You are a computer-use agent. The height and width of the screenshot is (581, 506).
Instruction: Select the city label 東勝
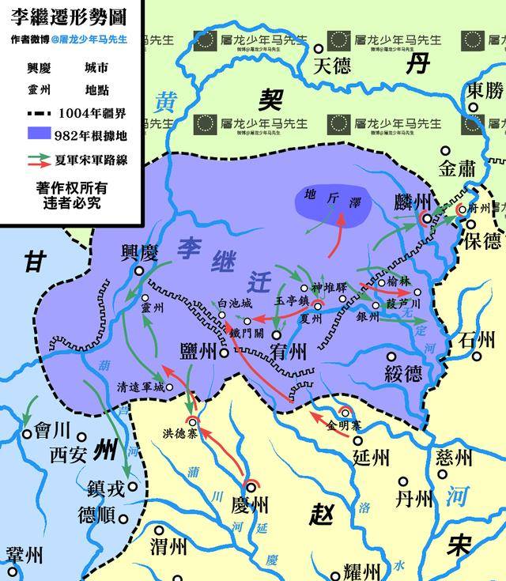pyautogui.click(x=485, y=89)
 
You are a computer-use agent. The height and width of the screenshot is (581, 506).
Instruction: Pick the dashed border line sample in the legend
pyautogui.click(x=48, y=111)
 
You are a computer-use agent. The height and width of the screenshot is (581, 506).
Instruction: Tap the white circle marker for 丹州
pyautogui.click(x=403, y=481)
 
